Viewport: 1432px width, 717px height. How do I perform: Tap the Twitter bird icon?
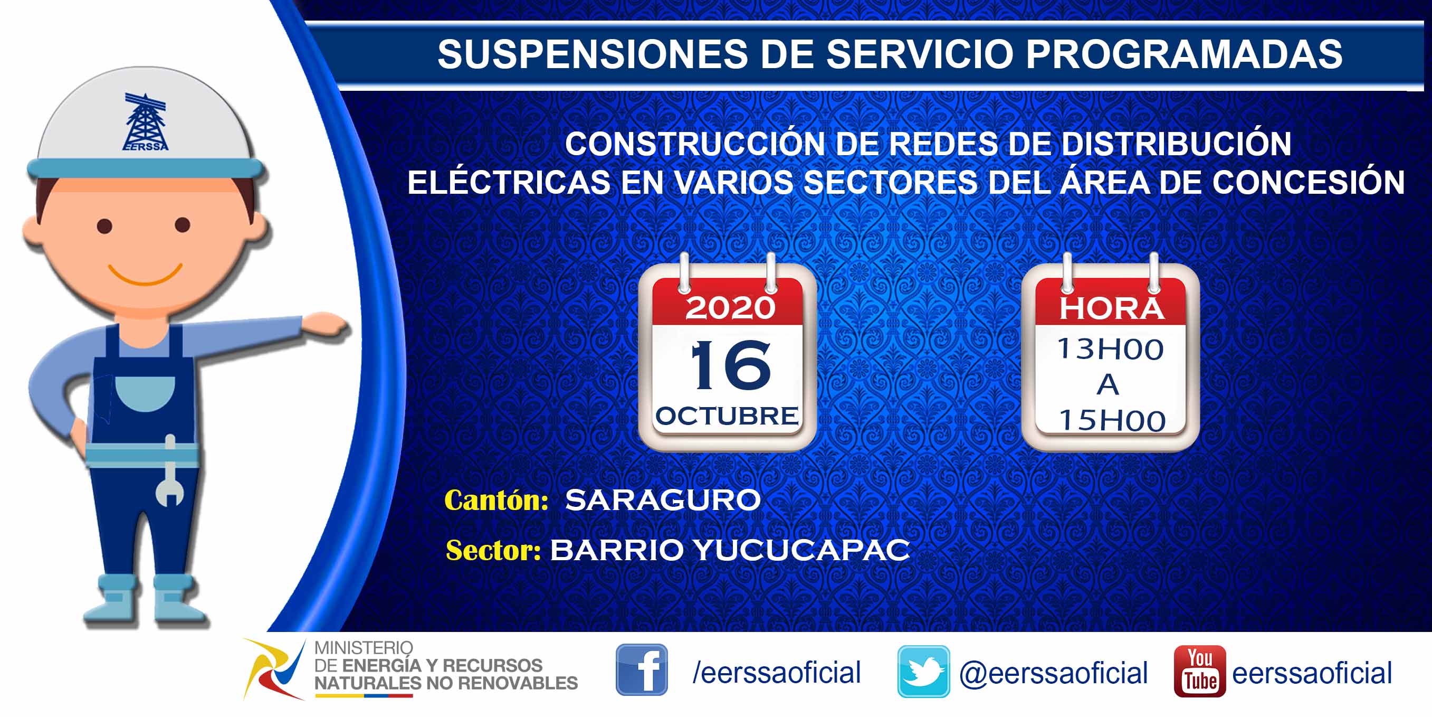[x=923, y=672]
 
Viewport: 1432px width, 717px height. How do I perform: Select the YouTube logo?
[x=1200, y=671]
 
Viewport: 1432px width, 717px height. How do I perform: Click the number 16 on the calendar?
[x=730, y=365]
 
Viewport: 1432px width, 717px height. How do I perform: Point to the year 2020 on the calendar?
[x=730, y=308]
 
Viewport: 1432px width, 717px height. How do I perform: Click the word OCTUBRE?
[x=727, y=416]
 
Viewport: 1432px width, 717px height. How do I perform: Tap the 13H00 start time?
[x=1110, y=350]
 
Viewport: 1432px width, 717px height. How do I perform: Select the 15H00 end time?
[x=1112, y=420]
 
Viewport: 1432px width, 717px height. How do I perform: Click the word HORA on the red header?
[x=1111, y=308]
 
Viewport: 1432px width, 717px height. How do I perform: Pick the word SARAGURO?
[x=663, y=499]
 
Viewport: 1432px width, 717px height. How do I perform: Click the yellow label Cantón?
[x=497, y=500]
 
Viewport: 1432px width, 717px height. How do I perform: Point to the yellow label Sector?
[x=493, y=550]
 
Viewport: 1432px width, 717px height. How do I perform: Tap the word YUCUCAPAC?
[x=801, y=550]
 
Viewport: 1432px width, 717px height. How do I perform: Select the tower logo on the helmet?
[x=145, y=122]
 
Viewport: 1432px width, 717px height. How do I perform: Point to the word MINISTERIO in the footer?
[x=364, y=648]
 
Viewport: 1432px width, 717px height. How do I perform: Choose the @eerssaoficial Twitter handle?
[x=1054, y=673]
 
